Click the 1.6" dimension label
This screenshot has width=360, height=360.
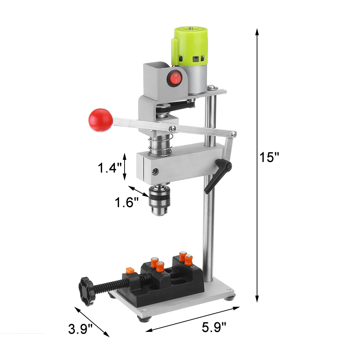pos(127,203)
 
